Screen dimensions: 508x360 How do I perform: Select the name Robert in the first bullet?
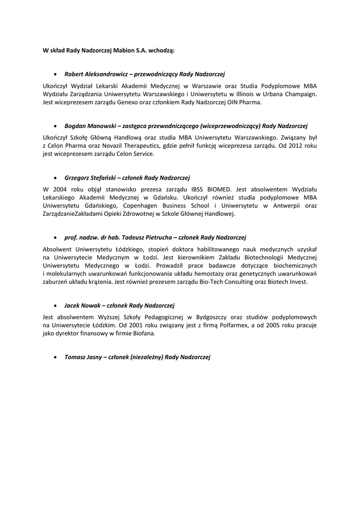pos(74,74)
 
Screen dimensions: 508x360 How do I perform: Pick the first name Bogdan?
pos(75,126)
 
